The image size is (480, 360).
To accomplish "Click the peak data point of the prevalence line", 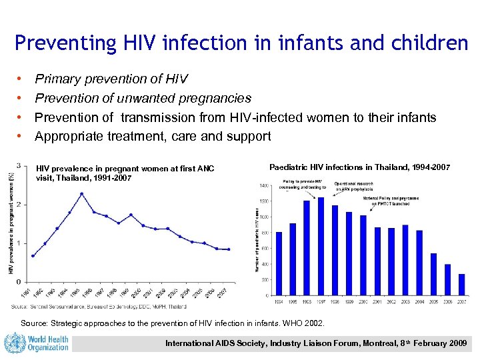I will (81, 193).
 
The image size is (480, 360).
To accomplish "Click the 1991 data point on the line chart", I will (33, 255).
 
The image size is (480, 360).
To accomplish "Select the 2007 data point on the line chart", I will (229, 249).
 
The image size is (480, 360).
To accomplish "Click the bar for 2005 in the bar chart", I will (433, 274).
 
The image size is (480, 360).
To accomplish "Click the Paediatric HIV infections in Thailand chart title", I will (360, 167).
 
